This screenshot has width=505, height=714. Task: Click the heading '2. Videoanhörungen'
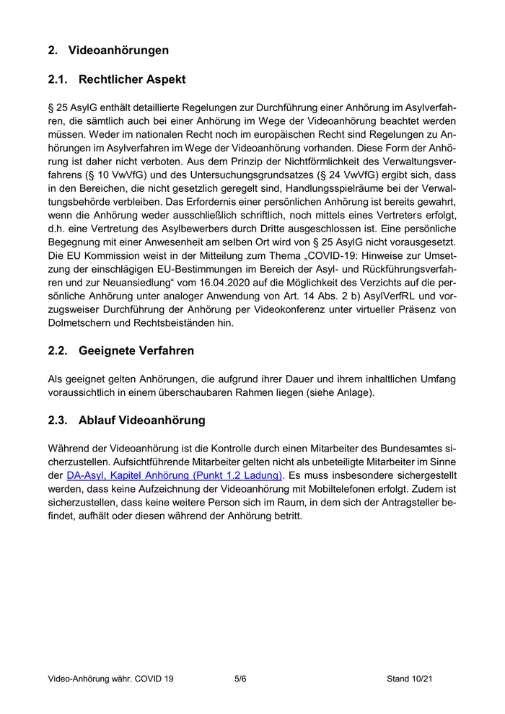click(108, 50)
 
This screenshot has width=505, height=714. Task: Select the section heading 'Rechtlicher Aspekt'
click(132, 79)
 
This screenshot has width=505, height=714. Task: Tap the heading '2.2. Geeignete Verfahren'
click(120, 351)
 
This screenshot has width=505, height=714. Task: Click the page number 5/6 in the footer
click(240, 679)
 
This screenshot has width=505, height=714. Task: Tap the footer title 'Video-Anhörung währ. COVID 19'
click(110, 679)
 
